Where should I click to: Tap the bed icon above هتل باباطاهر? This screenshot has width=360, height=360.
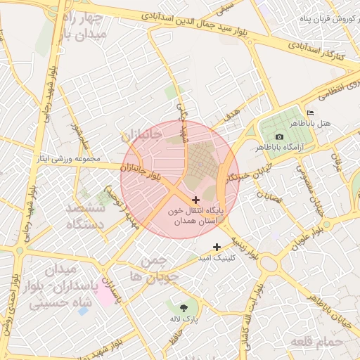click(x=310, y=112)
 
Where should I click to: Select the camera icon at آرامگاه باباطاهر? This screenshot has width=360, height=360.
click(x=279, y=136)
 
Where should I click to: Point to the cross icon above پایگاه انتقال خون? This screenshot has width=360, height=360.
click(x=195, y=200)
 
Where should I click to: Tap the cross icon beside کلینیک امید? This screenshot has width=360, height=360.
click(x=217, y=247)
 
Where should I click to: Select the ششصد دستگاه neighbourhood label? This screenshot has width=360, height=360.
click(x=85, y=216)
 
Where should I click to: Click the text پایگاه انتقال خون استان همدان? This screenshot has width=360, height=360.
click(x=195, y=216)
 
